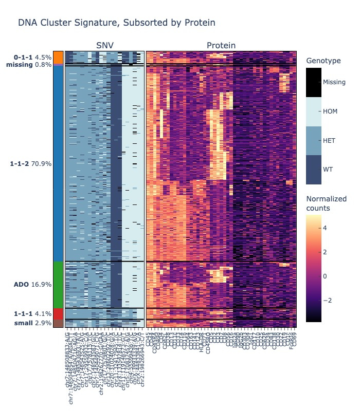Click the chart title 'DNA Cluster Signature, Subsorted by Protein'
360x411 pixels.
click(x=116, y=23)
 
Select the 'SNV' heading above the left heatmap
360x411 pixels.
click(x=105, y=46)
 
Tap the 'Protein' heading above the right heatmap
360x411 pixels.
click(x=221, y=46)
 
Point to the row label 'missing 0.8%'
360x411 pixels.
click(x=29, y=65)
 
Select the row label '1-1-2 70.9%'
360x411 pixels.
click(x=31, y=164)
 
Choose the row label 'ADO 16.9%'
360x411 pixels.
click(x=32, y=284)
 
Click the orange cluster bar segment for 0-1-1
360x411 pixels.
click(x=58, y=57)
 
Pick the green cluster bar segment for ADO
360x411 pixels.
click(x=58, y=284)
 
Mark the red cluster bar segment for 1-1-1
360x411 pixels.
click(x=58, y=313)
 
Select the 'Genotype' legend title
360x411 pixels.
click(x=323, y=61)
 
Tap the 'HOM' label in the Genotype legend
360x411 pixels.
click(x=330, y=111)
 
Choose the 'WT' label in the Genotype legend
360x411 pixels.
click(x=328, y=169)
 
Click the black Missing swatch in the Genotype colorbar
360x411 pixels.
click(x=314, y=82)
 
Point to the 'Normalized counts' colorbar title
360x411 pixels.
click(x=326, y=203)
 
